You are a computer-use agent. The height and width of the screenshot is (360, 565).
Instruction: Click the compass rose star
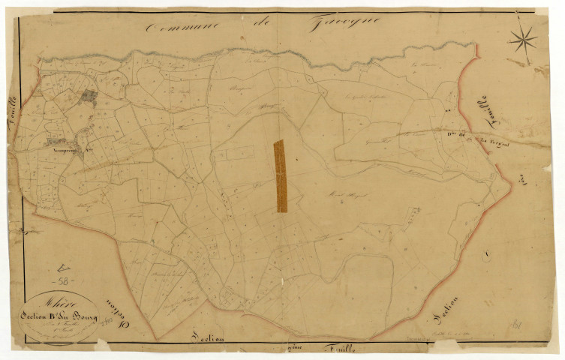coord(523,40)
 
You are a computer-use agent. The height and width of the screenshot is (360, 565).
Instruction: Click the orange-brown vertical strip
coord(281,176)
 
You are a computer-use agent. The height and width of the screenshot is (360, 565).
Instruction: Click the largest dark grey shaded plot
coord(89,95)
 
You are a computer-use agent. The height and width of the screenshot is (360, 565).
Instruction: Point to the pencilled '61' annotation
coord(517,325)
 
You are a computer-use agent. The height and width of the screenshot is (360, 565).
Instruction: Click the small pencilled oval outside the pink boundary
coord(487,257)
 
